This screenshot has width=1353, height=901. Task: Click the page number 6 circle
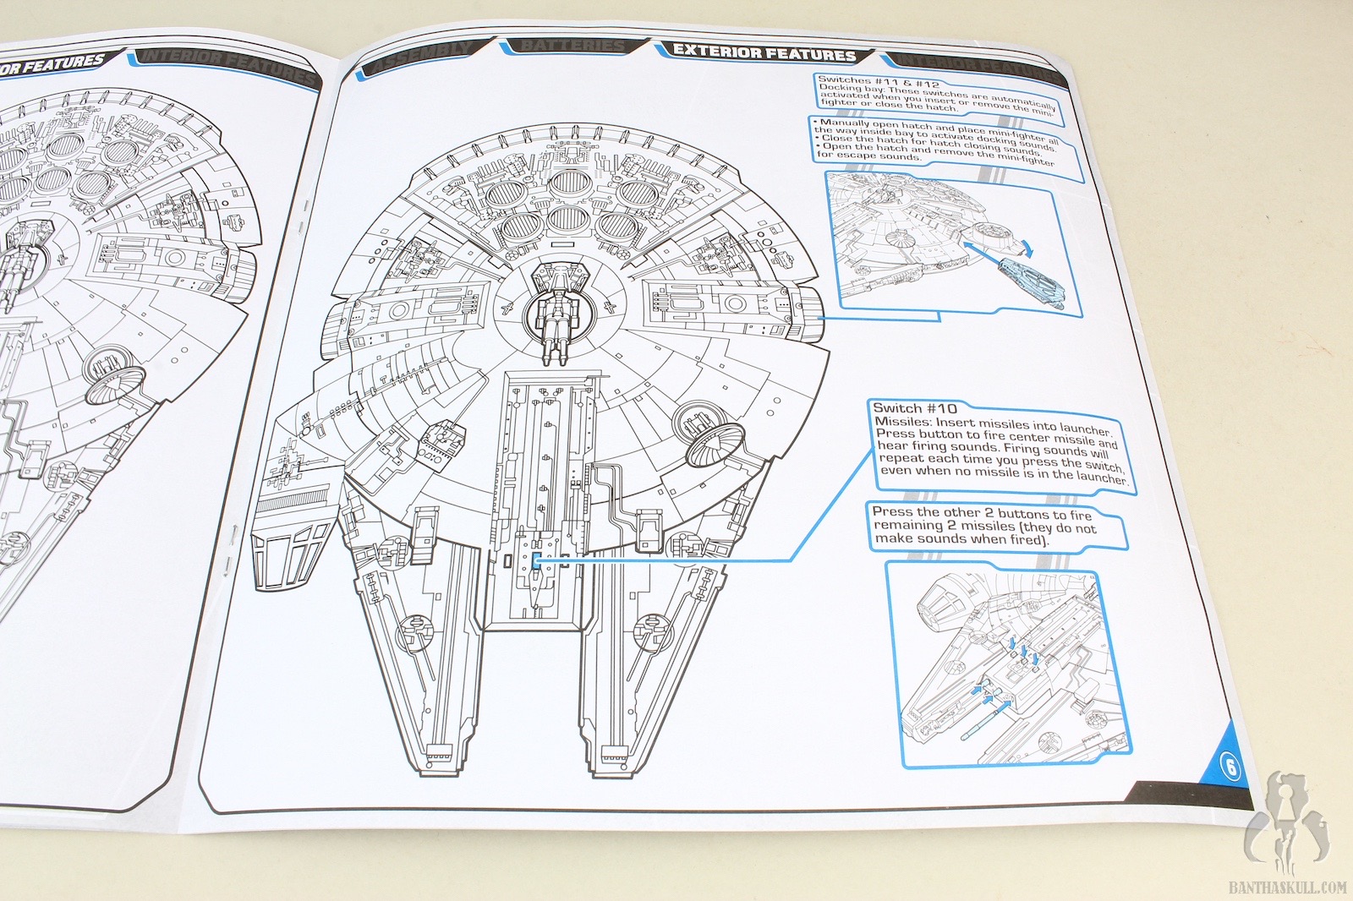pyautogui.click(x=1230, y=767)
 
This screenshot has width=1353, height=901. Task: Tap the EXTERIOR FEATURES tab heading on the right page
pyautogui.click(x=764, y=52)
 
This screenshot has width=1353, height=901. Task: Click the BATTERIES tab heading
pyautogui.click(x=572, y=46)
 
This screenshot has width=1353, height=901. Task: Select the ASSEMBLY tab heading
pyautogui.click(x=421, y=58)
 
